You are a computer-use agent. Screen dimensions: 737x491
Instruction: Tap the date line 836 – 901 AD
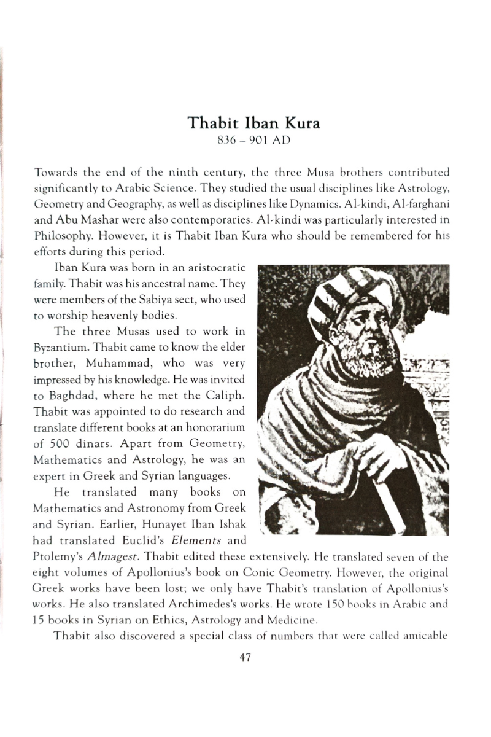tap(253, 139)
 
